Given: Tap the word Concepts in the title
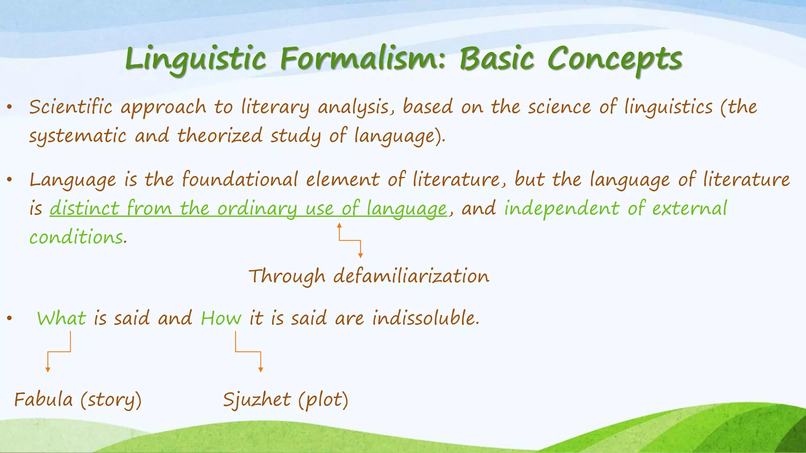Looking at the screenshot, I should (x=614, y=59).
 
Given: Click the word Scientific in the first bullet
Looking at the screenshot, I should (x=70, y=107).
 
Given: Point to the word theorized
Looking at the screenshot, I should (x=220, y=136).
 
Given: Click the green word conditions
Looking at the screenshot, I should (x=76, y=238).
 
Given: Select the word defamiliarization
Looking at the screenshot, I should (x=411, y=276).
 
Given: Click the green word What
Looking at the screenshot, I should (x=61, y=318).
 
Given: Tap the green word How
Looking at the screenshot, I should (x=221, y=318).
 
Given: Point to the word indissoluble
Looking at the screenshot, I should (x=426, y=318).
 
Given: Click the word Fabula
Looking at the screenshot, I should (x=43, y=400).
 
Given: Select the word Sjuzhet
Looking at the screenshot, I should (x=257, y=400).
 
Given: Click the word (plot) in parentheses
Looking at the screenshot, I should (x=323, y=400).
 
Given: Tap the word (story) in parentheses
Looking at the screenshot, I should (x=111, y=400).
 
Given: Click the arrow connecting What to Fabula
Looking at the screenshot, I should (x=59, y=352).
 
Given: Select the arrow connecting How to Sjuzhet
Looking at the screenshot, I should (x=248, y=352).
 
